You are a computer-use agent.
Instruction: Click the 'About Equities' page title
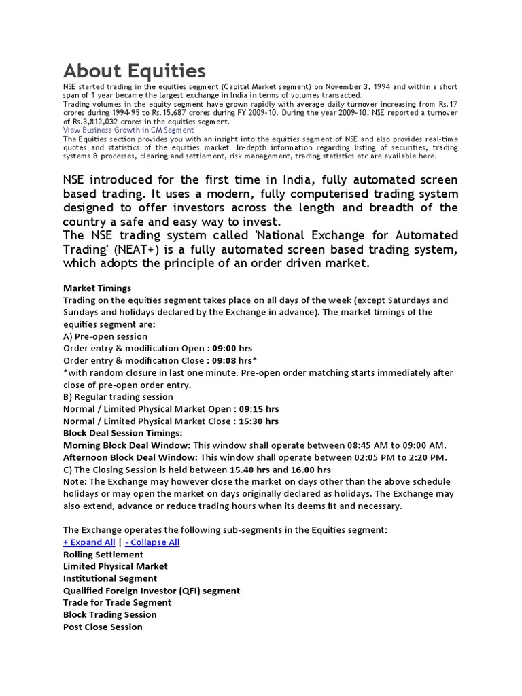[134, 71]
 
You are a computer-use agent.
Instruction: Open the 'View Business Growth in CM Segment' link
[128, 130]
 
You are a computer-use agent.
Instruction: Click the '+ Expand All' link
[89, 542]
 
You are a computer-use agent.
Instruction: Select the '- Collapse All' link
[152, 542]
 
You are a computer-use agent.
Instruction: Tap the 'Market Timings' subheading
[97, 288]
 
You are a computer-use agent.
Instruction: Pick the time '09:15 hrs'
[258, 409]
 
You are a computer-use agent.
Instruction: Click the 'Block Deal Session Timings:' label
[123, 433]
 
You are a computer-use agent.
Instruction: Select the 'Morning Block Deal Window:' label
[127, 445]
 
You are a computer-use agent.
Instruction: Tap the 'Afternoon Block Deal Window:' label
[130, 457]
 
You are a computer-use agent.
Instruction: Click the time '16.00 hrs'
[311, 470]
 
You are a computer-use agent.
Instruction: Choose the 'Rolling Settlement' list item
[103, 555]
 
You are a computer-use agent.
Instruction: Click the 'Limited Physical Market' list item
[116, 566]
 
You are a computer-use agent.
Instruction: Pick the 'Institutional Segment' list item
[110, 578]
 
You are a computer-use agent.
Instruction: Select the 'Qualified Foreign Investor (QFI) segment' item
[152, 591]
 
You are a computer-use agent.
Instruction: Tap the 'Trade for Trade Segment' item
[117, 602]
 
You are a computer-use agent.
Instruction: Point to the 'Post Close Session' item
[103, 627]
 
